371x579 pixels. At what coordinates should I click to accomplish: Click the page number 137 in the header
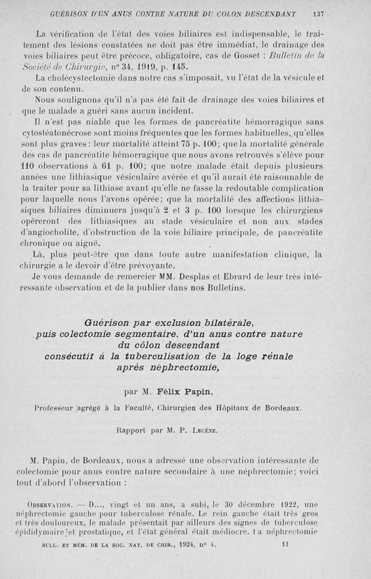[x=318, y=14]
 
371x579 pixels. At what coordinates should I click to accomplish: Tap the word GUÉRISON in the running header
[x=68, y=14]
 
